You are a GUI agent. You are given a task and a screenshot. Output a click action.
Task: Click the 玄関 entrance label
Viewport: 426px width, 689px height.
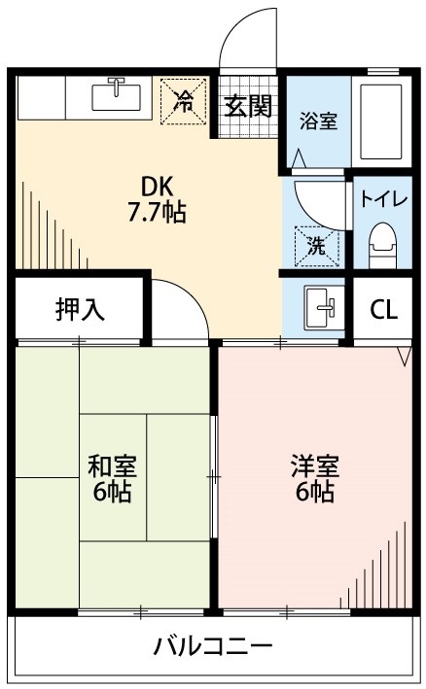click(247, 108)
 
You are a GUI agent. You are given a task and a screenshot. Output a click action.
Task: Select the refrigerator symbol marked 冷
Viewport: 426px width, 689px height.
click(183, 99)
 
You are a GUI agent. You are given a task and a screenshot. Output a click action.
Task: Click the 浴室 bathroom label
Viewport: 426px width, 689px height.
click(318, 122)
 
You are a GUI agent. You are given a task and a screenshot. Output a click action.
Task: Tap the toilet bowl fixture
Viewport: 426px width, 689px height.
click(384, 244)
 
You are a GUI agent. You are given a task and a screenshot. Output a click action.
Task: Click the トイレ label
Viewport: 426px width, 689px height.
click(384, 199)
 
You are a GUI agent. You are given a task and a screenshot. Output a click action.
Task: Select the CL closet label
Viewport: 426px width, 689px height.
click(384, 310)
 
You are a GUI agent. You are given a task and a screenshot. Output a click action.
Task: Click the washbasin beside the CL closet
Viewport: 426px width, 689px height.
click(320, 309)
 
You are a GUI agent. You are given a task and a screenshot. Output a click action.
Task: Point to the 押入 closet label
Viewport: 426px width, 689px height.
click(80, 310)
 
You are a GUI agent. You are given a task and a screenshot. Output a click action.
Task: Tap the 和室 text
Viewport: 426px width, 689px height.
click(113, 465)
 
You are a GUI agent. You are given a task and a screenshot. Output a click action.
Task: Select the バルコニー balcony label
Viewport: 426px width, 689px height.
click(213, 647)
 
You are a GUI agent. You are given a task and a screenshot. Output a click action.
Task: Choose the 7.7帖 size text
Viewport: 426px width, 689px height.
click(157, 213)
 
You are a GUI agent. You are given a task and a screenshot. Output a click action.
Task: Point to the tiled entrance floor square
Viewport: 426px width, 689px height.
click(249, 123)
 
